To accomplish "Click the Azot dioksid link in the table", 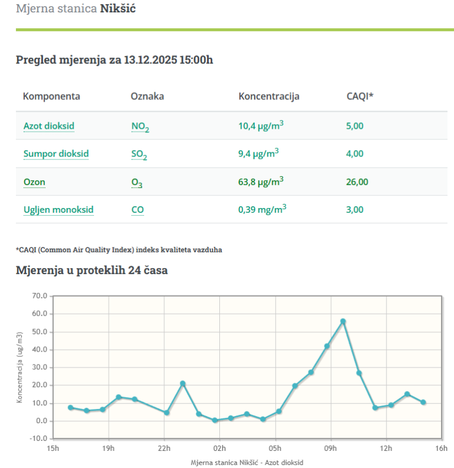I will (48, 126).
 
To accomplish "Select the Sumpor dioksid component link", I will (56, 154).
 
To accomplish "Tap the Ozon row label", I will (34, 182).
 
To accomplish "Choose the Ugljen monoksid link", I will (58, 209).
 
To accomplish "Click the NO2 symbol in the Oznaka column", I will (140, 126).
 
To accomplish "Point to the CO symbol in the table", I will (137, 210).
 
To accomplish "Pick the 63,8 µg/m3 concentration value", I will (260, 181).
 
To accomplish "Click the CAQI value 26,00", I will (356, 182).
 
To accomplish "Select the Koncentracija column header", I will (268, 96).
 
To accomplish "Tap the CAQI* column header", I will (359, 96).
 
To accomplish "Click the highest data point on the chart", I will (343, 321).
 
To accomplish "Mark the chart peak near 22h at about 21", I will (183, 383).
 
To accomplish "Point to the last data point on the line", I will (423, 402).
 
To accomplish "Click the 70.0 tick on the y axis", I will (40, 295).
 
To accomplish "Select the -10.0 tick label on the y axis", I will (38, 438).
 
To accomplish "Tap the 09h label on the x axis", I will (330, 448).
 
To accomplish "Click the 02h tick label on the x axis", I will (219, 448).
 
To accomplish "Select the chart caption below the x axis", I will (247, 461).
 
